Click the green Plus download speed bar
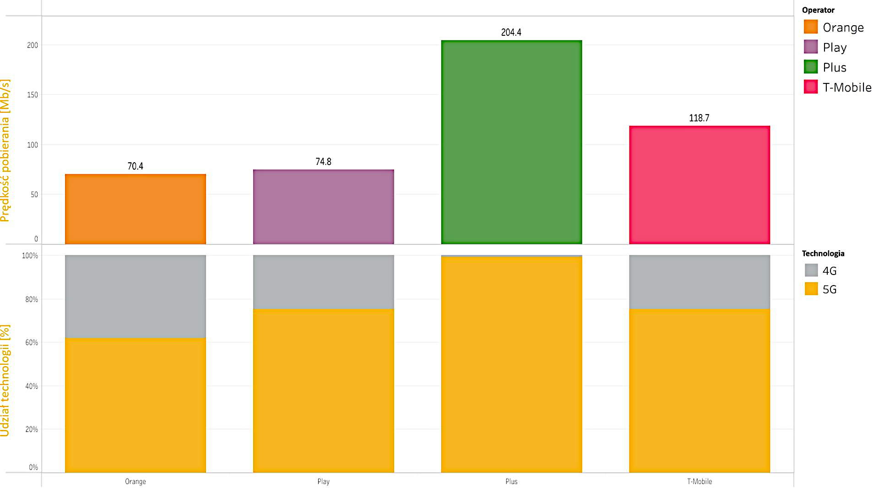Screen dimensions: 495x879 click(x=511, y=142)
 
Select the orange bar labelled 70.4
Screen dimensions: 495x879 click(x=136, y=209)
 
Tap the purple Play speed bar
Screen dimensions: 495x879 click(x=323, y=207)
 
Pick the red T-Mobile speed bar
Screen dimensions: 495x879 click(x=700, y=185)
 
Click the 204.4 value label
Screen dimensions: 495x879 click(x=511, y=33)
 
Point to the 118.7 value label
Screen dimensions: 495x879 click(x=699, y=118)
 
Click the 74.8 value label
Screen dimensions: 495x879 click(x=323, y=162)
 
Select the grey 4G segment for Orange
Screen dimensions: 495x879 click(x=136, y=297)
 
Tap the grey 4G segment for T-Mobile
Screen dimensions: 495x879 click(x=700, y=282)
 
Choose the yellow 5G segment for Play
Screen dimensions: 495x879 click(x=323, y=390)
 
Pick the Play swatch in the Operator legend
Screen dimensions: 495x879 click(x=811, y=47)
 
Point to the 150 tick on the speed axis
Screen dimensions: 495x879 click(x=33, y=95)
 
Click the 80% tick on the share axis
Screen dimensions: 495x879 click(x=32, y=300)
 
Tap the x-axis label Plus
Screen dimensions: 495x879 click(x=511, y=482)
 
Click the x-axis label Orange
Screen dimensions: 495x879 click(x=136, y=482)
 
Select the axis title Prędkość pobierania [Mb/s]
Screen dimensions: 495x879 click(x=5, y=150)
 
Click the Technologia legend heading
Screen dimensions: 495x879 click(x=823, y=253)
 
